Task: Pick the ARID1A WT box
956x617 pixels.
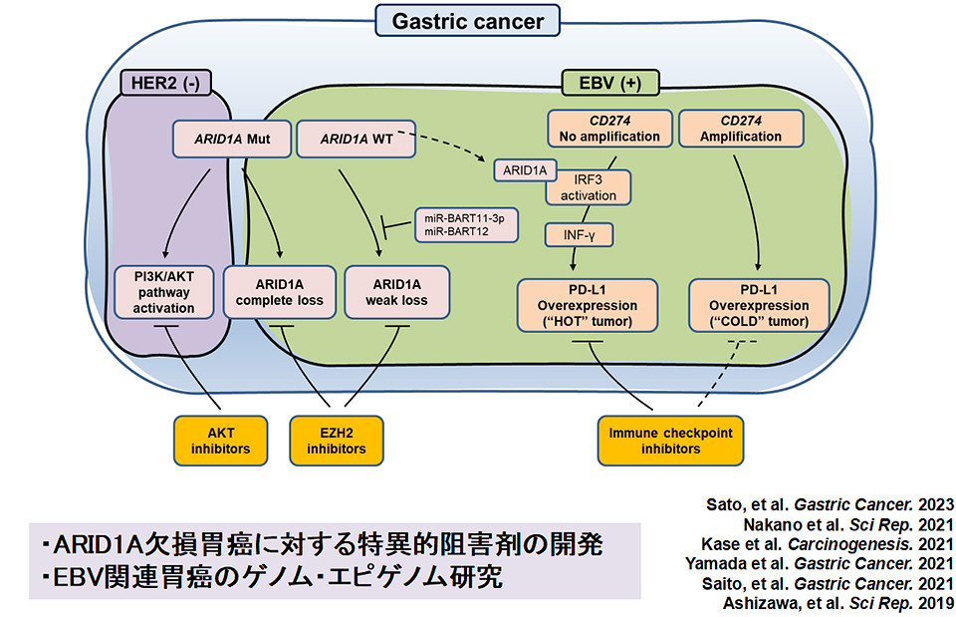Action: pyautogui.click(x=356, y=139)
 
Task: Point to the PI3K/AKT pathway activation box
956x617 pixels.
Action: pyautogui.click(x=164, y=291)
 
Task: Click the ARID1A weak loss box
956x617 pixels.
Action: pyautogui.click(x=396, y=291)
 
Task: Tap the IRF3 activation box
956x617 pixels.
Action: pyautogui.click(x=589, y=187)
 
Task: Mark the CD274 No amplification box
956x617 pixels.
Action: pyautogui.click(x=604, y=128)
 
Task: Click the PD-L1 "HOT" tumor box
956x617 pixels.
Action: pyautogui.click(x=588, y=304)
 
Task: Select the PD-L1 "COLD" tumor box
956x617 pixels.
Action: pyautogui.click(x=762, y=304)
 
